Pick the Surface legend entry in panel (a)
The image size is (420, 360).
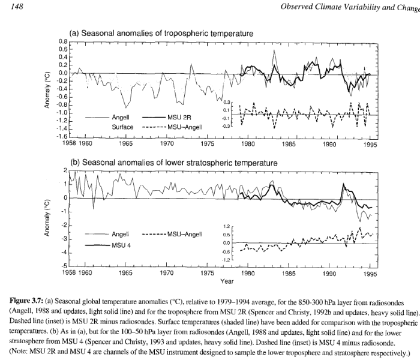[x=122, y=127]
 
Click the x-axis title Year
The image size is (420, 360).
[x=227, y=281]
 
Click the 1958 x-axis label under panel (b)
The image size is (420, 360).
[x=71, y=272]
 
